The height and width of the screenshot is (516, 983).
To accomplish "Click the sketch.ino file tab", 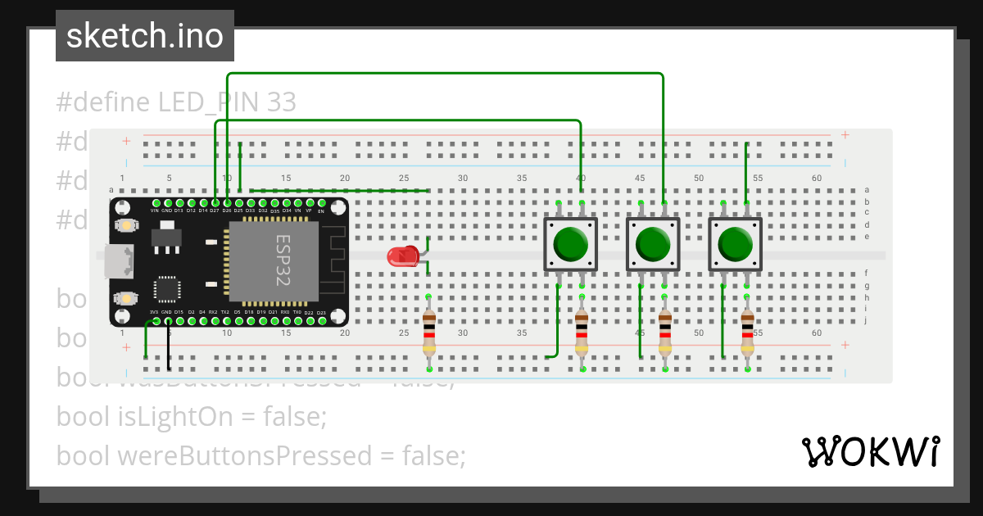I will coord(145,36).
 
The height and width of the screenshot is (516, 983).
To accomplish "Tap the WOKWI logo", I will coord(869,451).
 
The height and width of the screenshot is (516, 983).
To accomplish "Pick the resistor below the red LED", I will coord(428,332).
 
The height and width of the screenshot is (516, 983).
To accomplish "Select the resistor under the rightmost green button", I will coord(747,332).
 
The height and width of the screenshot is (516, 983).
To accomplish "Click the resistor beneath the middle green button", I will coord(664,332).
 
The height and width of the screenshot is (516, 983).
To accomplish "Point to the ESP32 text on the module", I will coord(283,260).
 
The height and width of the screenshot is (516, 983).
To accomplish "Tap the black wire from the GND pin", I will coord(169,348).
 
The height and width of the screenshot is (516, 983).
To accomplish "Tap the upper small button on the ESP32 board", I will coord(125,225).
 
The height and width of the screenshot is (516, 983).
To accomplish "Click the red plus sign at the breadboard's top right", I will coord(845,135).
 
